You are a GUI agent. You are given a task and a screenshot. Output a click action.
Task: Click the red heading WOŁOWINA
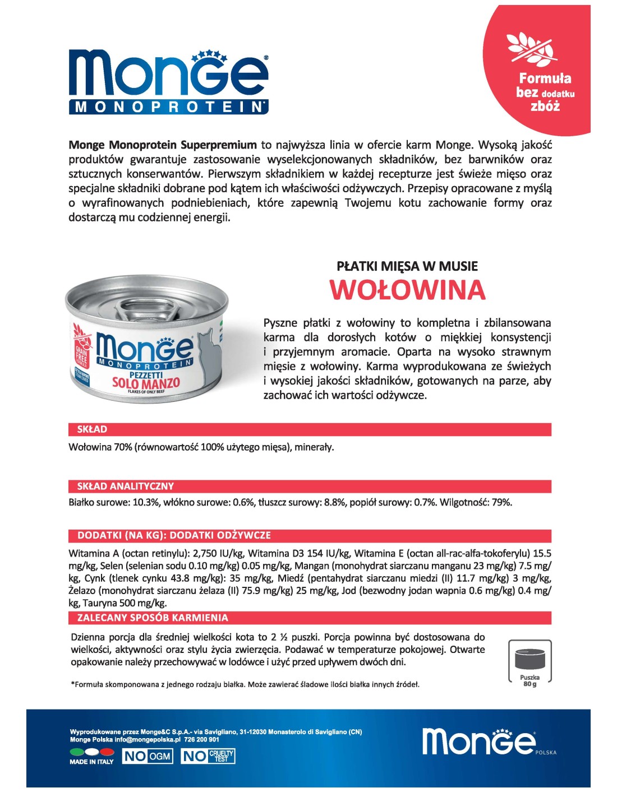pyautogui.click(x=407, y=290)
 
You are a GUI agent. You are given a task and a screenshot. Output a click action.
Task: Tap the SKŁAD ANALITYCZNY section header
pyautogui.click(x=126, y=486)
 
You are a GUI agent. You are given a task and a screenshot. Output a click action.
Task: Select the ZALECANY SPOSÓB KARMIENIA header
pyautogui.click(x=153, y=618)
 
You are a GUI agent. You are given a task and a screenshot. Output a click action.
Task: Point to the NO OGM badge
pyautogui.click(x=148, y=756)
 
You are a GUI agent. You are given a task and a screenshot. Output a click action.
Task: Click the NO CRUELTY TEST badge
pyautogui.click(x=208, y=756)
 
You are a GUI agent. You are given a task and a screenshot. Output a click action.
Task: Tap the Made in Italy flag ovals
pyautogui.click(x=91, y=752)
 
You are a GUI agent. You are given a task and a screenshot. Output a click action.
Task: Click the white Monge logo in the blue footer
pyautogui.click(x=478, y=741)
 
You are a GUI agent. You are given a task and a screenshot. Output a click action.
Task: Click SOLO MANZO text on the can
pyautogui.click(x=146, y=383)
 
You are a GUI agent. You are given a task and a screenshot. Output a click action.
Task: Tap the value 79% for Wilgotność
pyautogui.click(x=501, y=502)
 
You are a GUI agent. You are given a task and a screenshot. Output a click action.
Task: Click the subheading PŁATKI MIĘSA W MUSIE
pyautogui.click(x=407, y=266)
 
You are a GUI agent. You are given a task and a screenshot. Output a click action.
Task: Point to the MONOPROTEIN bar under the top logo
pyautogui.click(x=168, y=107)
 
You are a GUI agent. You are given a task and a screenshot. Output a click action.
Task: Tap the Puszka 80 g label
pyautogui.click(x=529, y=681)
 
